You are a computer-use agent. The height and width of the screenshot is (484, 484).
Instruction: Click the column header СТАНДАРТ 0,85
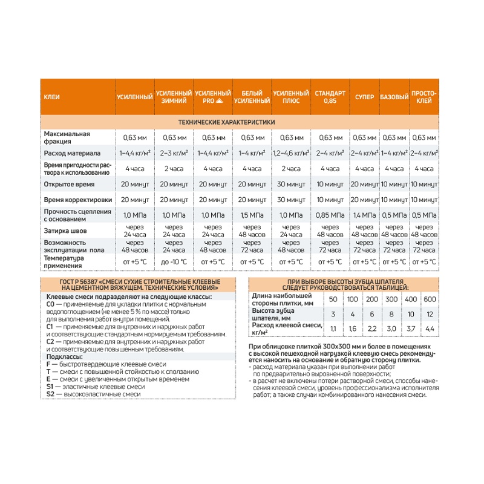click(x=330, y=97)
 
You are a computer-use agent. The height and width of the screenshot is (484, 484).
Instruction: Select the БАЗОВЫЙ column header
click(x=394, y=97)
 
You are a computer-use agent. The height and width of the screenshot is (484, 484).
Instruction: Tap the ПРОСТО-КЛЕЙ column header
click(x=424, y=97)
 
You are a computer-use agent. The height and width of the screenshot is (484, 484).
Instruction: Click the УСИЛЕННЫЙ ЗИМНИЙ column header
click(x=174, y=97)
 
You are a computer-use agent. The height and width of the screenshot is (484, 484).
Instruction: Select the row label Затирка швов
click(x=65, y=230)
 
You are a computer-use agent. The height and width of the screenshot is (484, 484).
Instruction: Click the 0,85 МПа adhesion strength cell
click(x=330, y=215)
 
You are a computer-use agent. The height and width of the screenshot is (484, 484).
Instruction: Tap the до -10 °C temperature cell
click(x=174, y=261)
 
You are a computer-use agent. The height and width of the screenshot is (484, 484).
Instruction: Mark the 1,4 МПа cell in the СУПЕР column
click(x=364, y=215)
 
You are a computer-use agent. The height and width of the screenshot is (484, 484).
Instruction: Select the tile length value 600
click(x=430, y=299)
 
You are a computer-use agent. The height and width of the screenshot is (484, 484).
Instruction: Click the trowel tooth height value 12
click(x=430, y=314)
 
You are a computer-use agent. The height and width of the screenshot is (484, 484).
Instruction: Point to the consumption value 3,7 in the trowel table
click(x=411, y=329)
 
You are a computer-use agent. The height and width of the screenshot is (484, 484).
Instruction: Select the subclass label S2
click(x=50, y=394)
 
